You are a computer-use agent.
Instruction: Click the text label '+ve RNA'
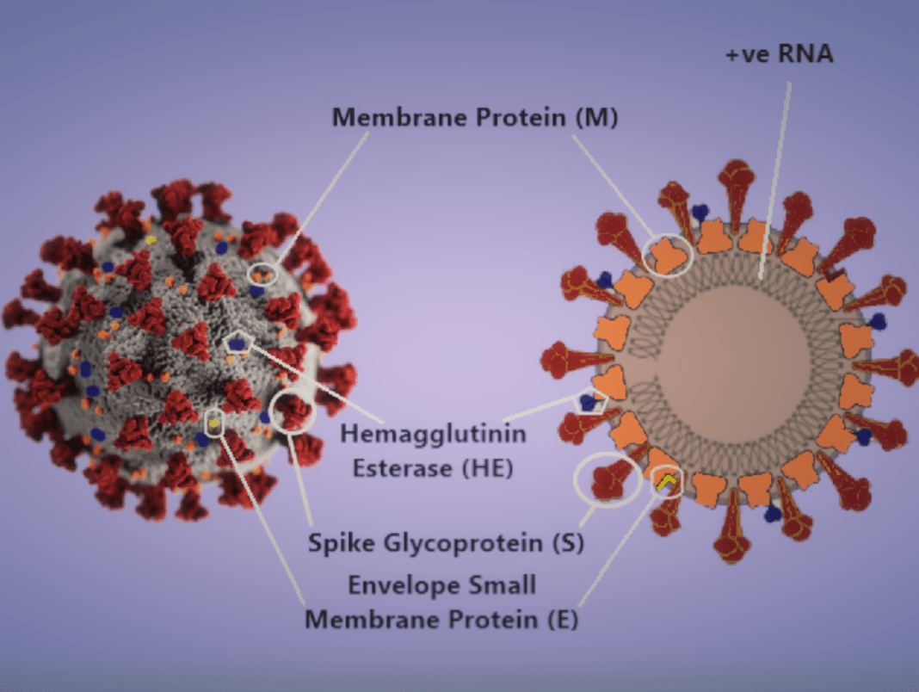coord(779,54)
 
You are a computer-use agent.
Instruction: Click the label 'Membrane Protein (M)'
coord(475,117)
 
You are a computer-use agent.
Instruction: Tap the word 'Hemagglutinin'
coord(433,434)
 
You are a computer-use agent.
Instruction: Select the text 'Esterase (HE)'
coord(433,468)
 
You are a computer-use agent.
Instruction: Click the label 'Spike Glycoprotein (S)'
coord(446,542)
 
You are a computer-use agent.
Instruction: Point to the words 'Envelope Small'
coord(442,585)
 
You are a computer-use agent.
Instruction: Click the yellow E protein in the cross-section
coord(666,482)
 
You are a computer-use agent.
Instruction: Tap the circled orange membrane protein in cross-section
coord(668,255)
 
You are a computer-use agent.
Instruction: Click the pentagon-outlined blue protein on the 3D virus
coord(237,343)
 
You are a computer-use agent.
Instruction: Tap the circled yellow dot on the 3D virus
coord(214,423)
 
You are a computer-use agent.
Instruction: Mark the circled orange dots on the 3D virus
coord(262,275)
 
